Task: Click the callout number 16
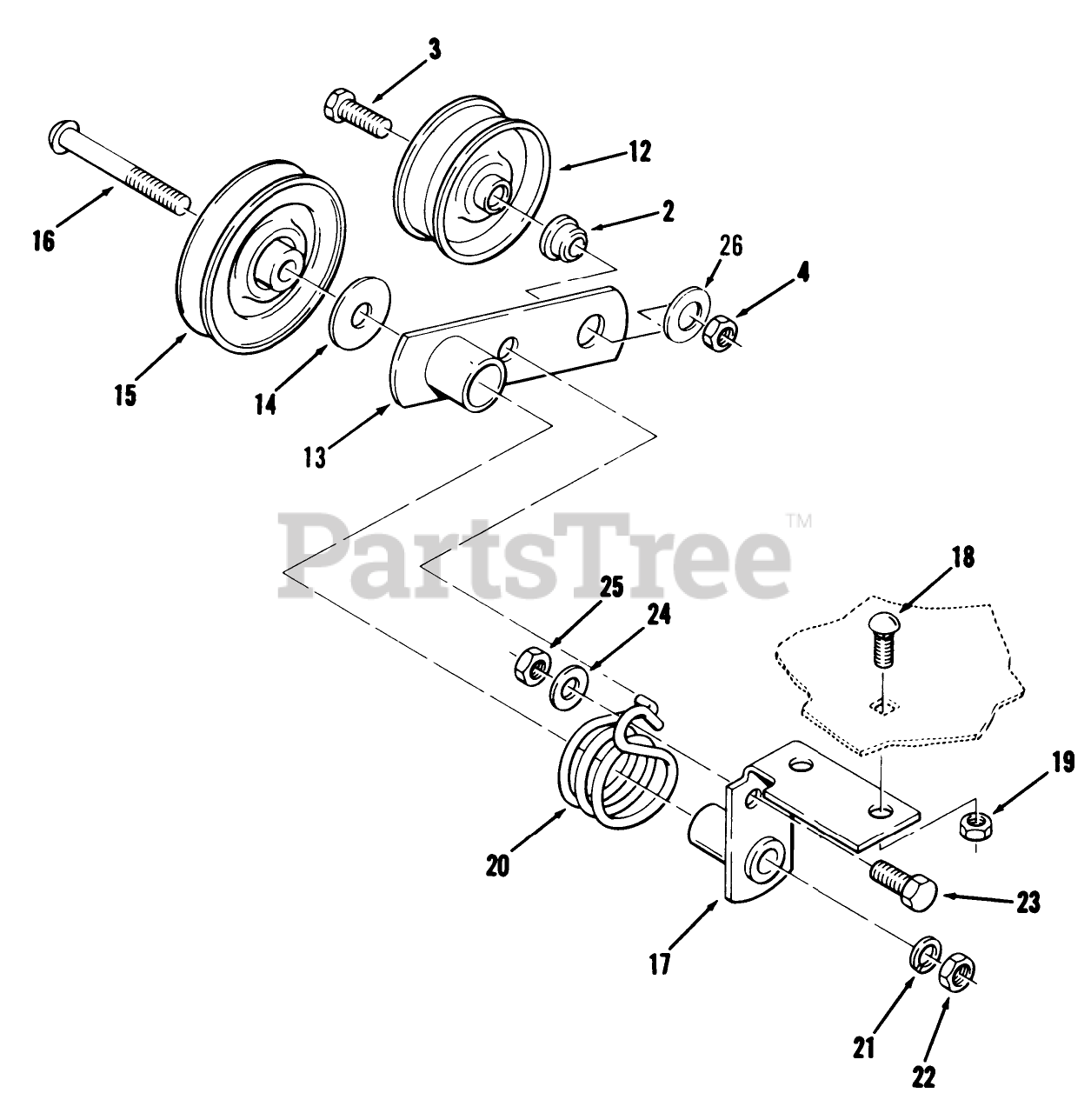[x=43, y=241]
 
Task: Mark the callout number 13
[x=315, y=457]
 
